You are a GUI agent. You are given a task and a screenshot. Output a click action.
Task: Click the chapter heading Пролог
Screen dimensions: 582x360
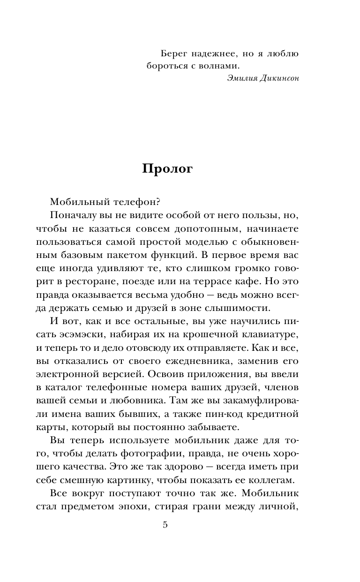[167, 170]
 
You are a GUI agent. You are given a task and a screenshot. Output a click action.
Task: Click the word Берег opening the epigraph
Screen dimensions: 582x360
[170, 53]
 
